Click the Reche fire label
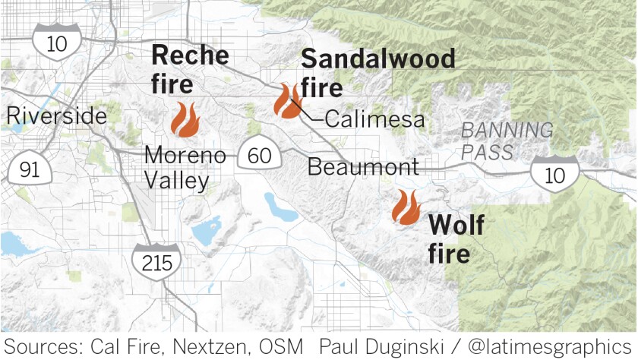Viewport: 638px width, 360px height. tap(189, 69)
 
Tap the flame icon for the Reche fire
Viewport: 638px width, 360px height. tap(184, 118)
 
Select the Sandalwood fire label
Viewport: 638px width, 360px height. tap(377, 73)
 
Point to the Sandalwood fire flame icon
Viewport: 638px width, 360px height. tap(288, 101)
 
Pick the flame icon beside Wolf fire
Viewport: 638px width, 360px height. tap(406, 207)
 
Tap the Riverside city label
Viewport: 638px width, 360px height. tap(55, 117)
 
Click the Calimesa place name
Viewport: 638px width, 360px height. tap(374, 121)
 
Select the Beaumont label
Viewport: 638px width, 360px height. tap(362, 167)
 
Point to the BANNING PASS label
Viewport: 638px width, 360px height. tap(507, 141)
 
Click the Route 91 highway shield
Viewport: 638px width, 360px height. tap(29, 169)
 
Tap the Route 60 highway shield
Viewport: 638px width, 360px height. tap(259, 156)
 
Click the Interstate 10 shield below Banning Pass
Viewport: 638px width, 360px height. tap(554, 174)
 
